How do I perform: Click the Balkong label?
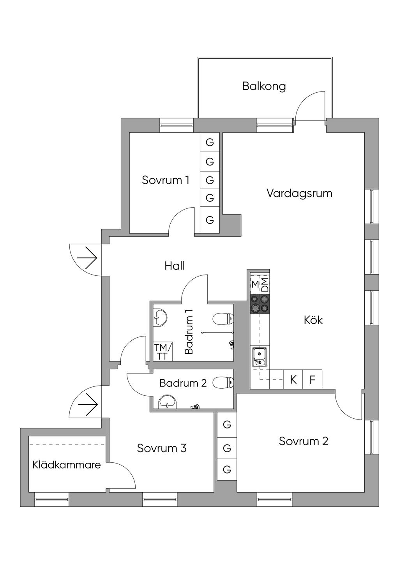pos(264,86)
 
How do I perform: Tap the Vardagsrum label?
pos(299,193)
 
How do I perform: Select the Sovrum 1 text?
pos(166,180)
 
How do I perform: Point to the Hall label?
pos(175,266)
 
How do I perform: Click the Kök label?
pos(313,320)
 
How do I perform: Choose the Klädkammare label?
pos(67,465)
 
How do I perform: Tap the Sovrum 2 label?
pos(304,441)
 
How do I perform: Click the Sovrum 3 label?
pos(162,448)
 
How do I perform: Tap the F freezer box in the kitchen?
pos(312,379)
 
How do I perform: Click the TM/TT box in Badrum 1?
pos(161,352)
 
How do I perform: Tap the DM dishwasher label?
pos(265,285)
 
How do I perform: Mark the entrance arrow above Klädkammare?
pos(87,405)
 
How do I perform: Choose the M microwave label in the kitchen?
pos(255,284)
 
